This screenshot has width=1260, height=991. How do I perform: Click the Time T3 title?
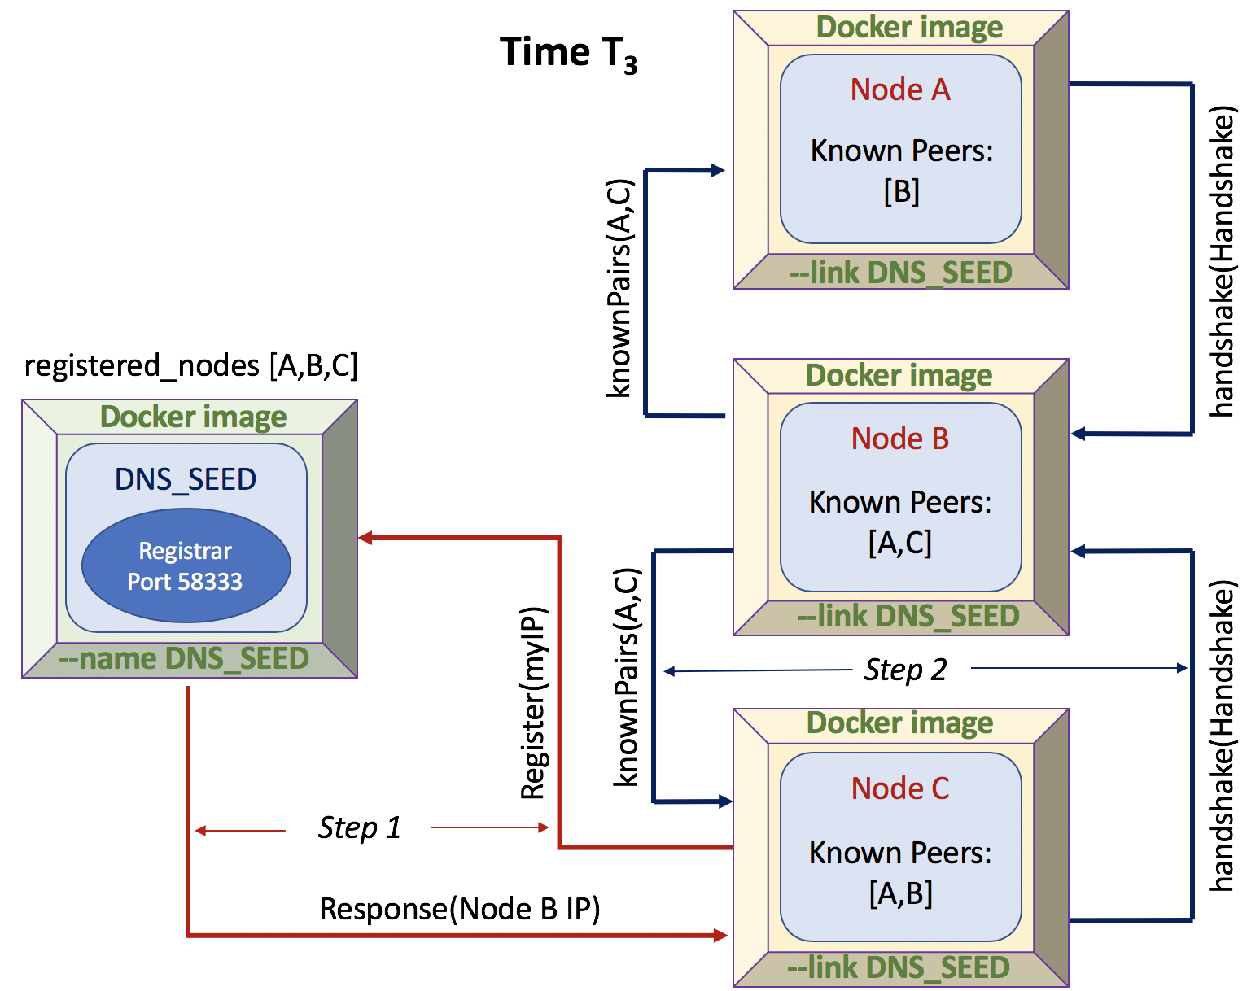point(568,54)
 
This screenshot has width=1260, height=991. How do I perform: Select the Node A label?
point(900,89)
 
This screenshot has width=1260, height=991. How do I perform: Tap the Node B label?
point(900,439)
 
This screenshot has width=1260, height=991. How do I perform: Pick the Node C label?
point(900,788)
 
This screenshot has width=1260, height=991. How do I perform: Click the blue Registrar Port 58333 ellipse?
point(186,566)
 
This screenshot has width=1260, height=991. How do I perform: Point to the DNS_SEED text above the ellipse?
point(186,479)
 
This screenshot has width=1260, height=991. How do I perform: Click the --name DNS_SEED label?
point(184,658)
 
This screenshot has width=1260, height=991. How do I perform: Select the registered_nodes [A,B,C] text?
point(191,366)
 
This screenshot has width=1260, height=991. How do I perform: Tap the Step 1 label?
point(359,827)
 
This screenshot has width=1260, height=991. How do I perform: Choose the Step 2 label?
point(905,670)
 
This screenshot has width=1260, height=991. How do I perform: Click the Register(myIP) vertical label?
point(533,704)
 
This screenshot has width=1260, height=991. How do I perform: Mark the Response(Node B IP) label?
point(460,909)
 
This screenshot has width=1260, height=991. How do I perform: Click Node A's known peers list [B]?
point(901,192)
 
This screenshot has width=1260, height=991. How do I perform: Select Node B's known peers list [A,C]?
point(900,543)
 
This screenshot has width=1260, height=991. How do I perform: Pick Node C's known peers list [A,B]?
point(900,893)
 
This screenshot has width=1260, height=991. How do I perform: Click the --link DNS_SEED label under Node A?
point(900,273)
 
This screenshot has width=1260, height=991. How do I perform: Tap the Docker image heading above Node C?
point(899,723)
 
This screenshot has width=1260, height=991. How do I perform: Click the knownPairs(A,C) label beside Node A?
point(619,288)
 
